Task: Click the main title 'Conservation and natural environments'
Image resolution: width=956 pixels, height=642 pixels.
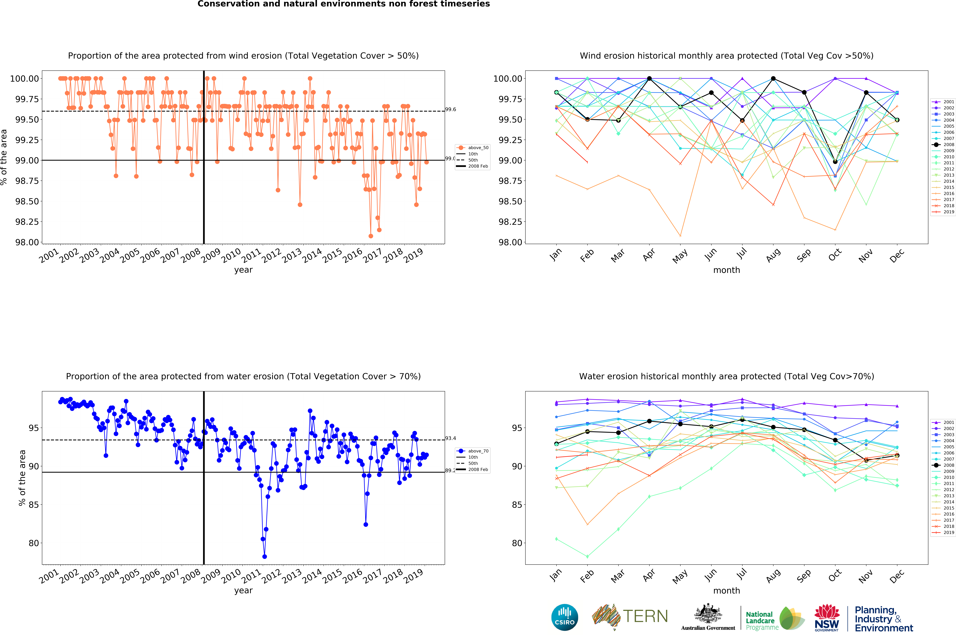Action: click(x=343, y=4)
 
